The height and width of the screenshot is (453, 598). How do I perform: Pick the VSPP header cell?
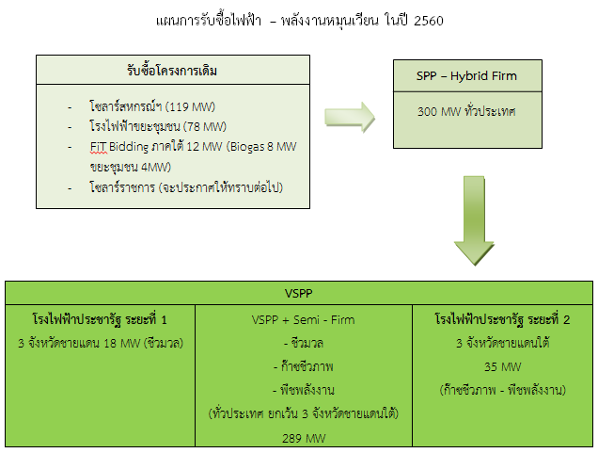(298, 291)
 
